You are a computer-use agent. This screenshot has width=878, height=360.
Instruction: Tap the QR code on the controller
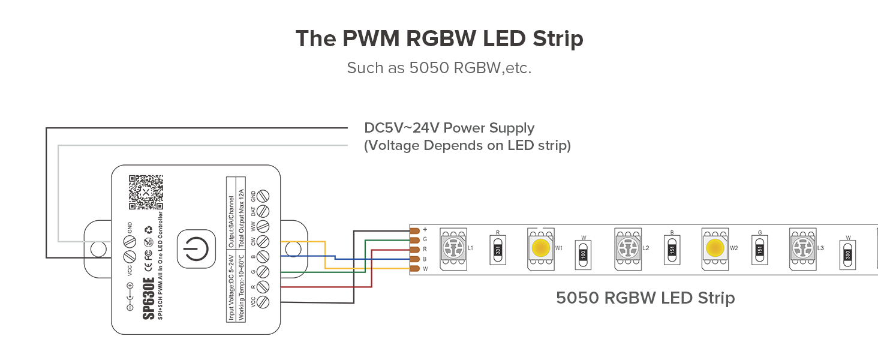click(x=146, y=192)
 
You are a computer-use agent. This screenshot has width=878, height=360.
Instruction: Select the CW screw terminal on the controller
click(x=262, y=242)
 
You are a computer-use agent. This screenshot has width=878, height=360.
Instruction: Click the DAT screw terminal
click(x=262, y=211)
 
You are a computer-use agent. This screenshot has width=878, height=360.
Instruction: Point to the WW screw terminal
click(x=262, y=227)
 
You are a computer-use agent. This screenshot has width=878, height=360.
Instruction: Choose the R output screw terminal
click(x=262, y=287)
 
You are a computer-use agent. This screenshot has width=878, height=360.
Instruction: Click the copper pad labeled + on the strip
click(x=414, y=230)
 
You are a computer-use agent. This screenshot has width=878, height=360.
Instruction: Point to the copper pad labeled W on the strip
click(x=414, y=269)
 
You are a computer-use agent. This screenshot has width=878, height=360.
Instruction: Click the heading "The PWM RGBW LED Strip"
click(x=439, y=39)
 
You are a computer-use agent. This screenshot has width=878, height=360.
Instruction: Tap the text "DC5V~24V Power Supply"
click(x=449, y=128)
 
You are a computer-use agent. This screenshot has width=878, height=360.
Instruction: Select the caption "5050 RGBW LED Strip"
click(x=645, y=298)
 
